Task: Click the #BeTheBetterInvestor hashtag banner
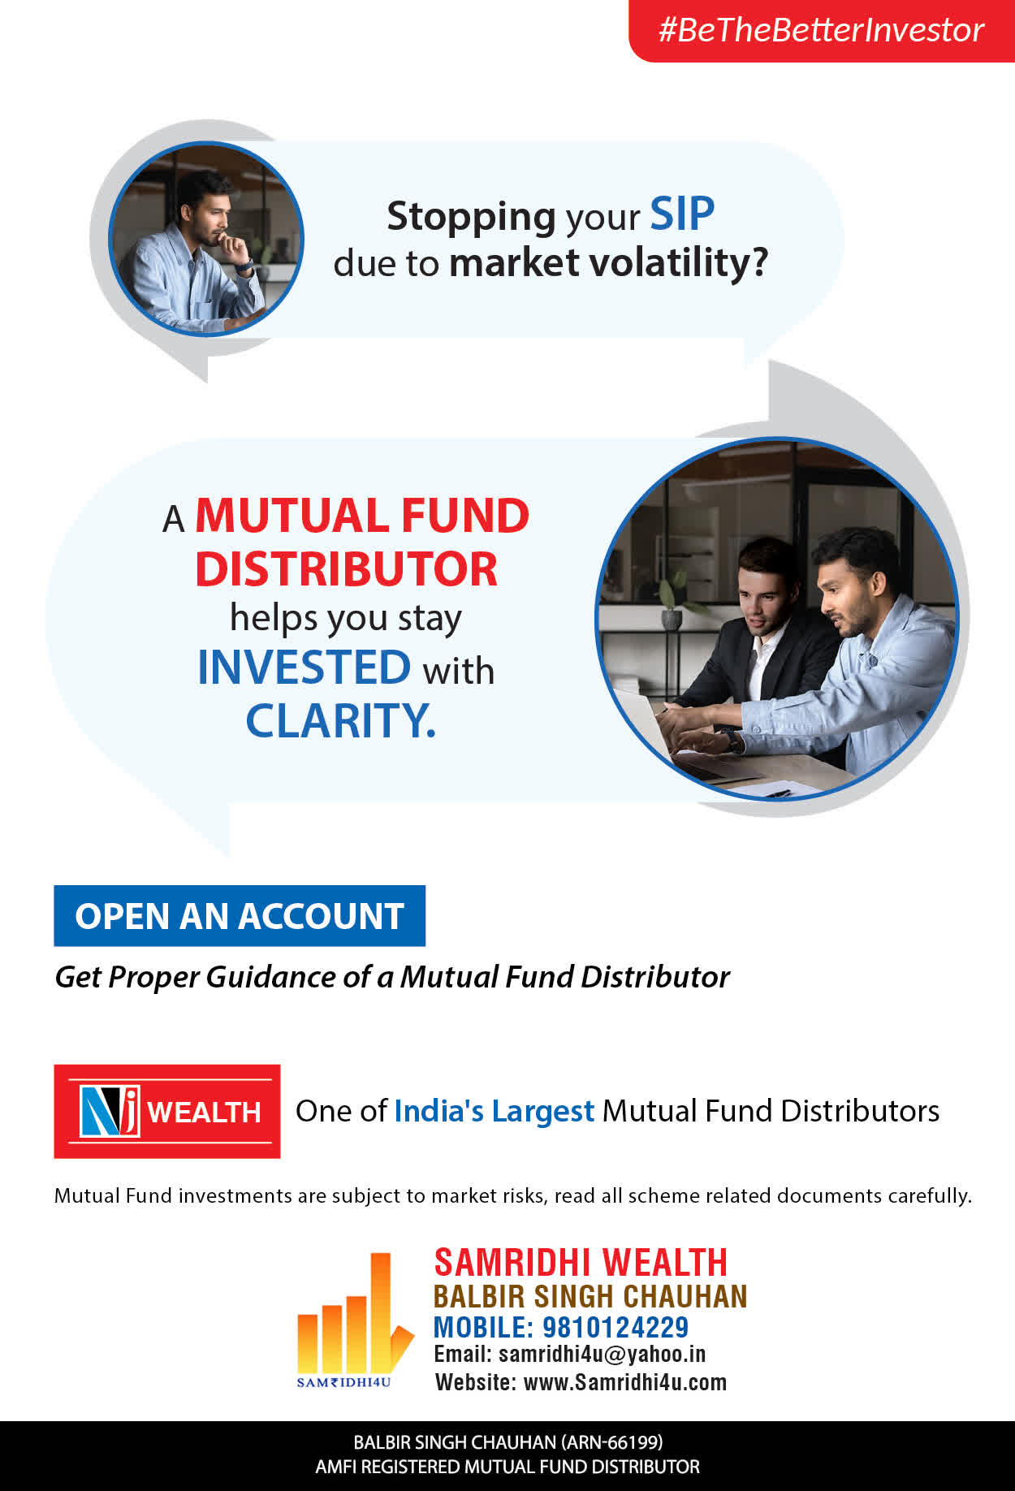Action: tap(822, 31)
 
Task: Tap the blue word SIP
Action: tap(682, 214)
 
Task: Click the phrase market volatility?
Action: tap(608, 263)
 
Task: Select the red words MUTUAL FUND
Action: tap(362, 516)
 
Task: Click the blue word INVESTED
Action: tap(304, 668)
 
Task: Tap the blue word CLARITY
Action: tap(341, 720)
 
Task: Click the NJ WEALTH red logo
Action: tap(167, 1111)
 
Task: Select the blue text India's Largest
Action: tap(495, 1111)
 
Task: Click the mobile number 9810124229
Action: tap(615, 1327)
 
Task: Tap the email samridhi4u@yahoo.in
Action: tap(602, 1354)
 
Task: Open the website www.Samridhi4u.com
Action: tap(625, 1381)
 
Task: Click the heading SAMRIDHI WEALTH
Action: tap(581, 1263)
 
